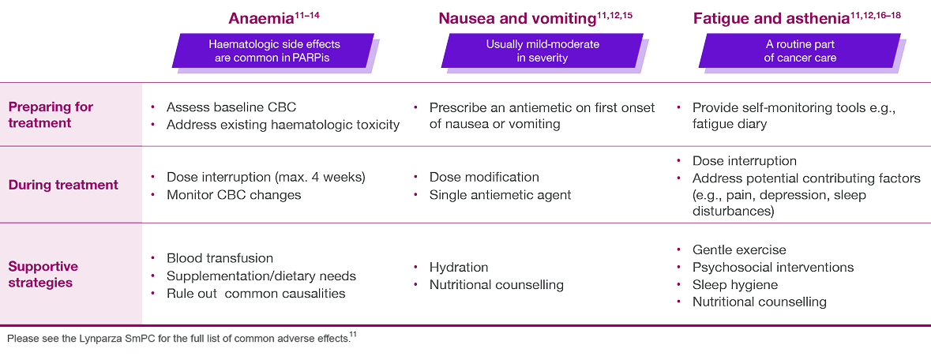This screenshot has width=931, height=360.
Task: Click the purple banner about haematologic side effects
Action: click(x=274, y=51)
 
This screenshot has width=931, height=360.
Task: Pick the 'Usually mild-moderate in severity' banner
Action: click(x=542, y=51)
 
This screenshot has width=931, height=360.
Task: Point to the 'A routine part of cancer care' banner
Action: click(x=800, y=51)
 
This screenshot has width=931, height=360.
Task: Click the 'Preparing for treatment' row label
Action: click(x=51, y=114)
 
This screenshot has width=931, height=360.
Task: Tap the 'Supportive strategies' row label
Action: click(x=43, y=274)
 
